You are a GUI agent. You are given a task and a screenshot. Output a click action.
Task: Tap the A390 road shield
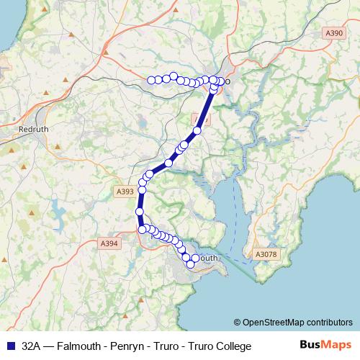coord(334,33)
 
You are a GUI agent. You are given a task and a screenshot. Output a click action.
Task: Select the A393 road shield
coord(125,192)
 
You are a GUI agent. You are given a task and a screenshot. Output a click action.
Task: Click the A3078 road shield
coord(266,253)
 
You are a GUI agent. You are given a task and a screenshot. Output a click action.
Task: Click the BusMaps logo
coord(326,346)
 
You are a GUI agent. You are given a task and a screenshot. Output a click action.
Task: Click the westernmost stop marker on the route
coord(151,80)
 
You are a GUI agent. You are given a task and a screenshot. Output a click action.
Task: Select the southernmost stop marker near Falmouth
coord(191,264)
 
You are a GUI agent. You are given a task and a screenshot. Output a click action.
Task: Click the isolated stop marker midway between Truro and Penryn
coord(168,163)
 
